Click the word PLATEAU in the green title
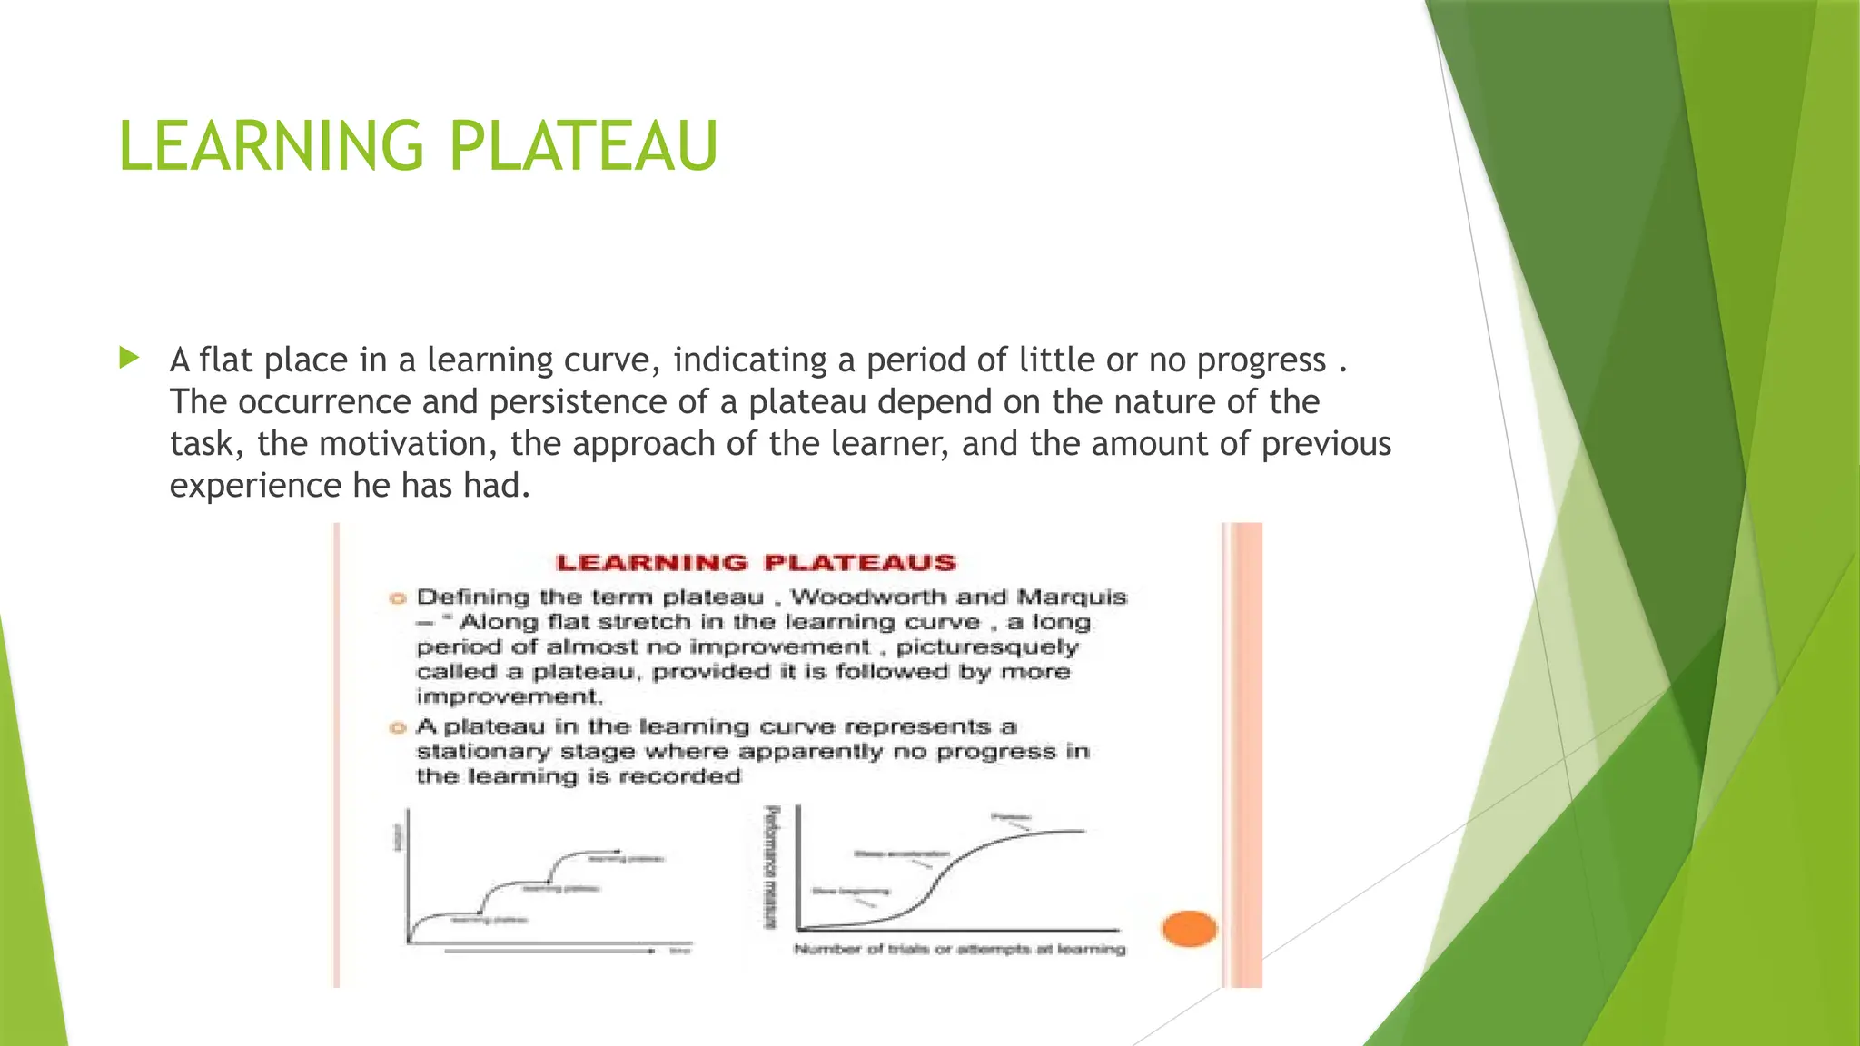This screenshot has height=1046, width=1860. point(584,146)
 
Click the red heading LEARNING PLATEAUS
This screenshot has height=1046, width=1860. point(756,563)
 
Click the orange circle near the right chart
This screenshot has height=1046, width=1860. point(1189,929)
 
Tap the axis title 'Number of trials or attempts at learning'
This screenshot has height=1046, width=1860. point(959,950)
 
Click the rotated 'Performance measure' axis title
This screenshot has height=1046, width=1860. point(771,867)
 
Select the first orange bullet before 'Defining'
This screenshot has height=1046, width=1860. point(396,598)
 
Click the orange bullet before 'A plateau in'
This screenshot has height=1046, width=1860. point(396,727)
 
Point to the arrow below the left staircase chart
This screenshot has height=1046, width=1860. point(550,952)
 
